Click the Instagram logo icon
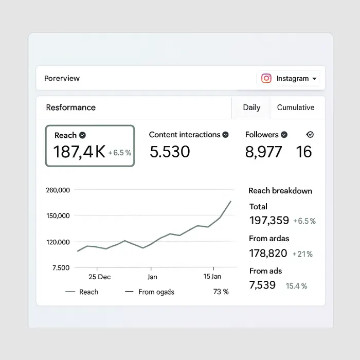tap(266, 79)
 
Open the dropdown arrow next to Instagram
tap(314, 79)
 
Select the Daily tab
tap(251, 107)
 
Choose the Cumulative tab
tap(296, 107)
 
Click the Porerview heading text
tap(62, 79)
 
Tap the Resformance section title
tap(70, 107)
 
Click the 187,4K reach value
tap(79, 152)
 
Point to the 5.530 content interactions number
tap(170, 152)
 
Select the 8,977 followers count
tap(263, 152)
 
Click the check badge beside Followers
tap(284, 135)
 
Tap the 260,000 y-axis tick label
tap(58, 190)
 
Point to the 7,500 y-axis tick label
tap(61, 267)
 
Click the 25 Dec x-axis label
tap(99, 277)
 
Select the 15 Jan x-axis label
tap(212, 277)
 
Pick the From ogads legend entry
tap(156, 292)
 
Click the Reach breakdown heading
tap(280, 191)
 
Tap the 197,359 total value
tap(269, 221)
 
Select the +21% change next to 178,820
tap(302, 254)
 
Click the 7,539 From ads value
tap(262, 285)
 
